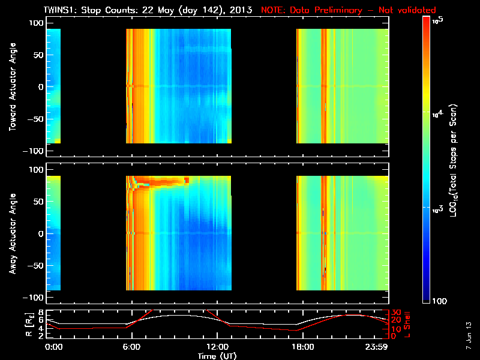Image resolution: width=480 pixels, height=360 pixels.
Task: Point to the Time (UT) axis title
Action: point(218,356)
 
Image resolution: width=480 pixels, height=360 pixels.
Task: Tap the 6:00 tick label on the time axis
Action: point(131,347)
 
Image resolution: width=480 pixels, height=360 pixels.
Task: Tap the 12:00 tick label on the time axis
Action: point(217,347)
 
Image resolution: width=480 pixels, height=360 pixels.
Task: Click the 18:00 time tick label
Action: point(302,347)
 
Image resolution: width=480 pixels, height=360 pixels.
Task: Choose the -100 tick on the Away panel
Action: point(34,298)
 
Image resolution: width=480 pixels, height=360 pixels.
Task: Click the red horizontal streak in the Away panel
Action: point(162,180)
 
